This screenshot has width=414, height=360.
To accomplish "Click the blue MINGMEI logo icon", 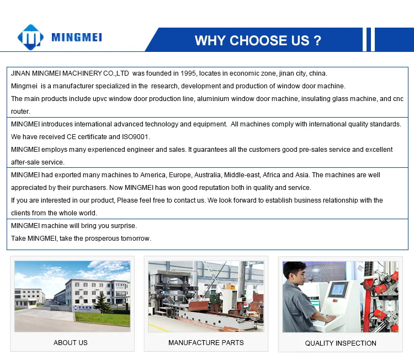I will [x=30, y=38].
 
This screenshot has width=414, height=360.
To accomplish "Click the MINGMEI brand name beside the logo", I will [x=77, y=38].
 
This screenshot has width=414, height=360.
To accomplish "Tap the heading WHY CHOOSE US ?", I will [x=258, y=40].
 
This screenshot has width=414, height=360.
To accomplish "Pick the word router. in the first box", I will [x=20, y=112].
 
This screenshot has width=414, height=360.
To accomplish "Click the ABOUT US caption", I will [x=71, y=343].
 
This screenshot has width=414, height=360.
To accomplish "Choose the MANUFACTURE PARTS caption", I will [x=206, y=343].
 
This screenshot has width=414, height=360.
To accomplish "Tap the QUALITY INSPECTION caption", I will [x=341, y=343].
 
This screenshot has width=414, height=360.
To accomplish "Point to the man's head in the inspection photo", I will [x=294, y=273].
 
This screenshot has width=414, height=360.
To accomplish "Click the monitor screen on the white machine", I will [x=338, y=289].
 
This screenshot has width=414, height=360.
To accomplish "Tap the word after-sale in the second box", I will [x=28, y=162].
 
